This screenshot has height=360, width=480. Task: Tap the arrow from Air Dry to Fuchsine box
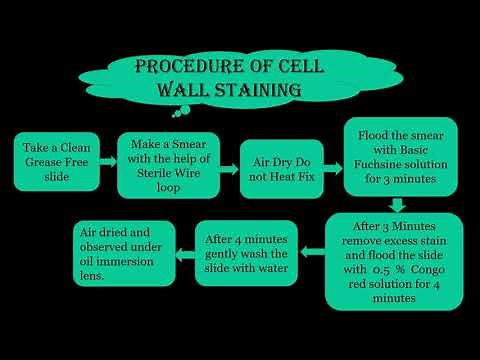tap(333, 158)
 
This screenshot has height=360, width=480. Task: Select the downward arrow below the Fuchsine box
tap(397, 204)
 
